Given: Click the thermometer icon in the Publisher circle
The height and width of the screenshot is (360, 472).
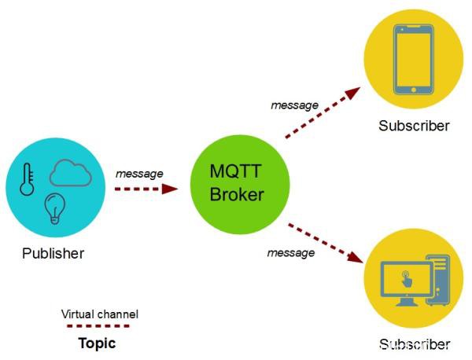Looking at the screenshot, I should [x=28, y=178].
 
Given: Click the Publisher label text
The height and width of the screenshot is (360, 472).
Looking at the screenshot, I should [x=53, y=253].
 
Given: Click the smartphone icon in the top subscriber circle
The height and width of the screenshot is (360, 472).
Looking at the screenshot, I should [x=414, y=61].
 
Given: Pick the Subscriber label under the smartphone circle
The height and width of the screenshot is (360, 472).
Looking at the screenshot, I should [x=414, y=126].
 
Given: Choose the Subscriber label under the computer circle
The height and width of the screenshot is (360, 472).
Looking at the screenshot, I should [x=414, y=344].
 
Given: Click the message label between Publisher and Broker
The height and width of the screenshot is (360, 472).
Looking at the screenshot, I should [x=139, y=173].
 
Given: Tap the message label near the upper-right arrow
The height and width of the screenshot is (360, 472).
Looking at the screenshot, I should [x=294, y=105].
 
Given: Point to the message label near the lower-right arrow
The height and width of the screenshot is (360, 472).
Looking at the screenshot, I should [x=291, y=252].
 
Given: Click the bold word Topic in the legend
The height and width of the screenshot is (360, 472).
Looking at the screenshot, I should [x=97, y=343].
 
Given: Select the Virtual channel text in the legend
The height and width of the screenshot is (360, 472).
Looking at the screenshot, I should [x=100, y=314].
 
